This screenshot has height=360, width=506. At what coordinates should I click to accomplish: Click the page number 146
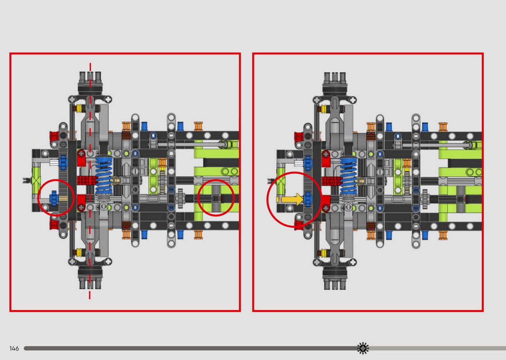click(14, 349)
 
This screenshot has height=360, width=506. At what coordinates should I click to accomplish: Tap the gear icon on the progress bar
click(363, 348)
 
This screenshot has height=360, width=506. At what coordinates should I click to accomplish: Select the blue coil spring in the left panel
click(104, 176)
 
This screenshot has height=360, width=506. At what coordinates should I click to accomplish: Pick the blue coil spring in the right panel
click(349, 176)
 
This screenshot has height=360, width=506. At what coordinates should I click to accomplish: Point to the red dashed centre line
click(90, 181)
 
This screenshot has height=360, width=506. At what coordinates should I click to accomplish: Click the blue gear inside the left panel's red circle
click(54, 198)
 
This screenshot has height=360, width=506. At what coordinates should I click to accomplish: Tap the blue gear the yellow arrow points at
click(308, 199)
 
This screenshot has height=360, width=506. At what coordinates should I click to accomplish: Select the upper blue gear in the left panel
click(63, 162)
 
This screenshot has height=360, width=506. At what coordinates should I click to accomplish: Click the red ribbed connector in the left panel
click(87, 181)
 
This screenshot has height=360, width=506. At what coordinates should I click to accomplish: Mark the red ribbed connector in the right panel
click(331, 181)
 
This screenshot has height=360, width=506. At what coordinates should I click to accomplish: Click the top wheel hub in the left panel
click(90, 83)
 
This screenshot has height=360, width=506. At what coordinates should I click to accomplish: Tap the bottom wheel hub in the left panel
click(90, 278)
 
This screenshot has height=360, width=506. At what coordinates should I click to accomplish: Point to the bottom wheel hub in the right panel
click(335, 278)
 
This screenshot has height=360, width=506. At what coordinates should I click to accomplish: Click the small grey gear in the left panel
click(180, 198)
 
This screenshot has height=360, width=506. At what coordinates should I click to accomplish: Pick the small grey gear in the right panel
click(425, 199)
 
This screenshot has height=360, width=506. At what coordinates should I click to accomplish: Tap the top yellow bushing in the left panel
click(79, 109)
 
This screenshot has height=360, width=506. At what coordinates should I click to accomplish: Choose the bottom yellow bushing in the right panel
click(324, 253)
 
